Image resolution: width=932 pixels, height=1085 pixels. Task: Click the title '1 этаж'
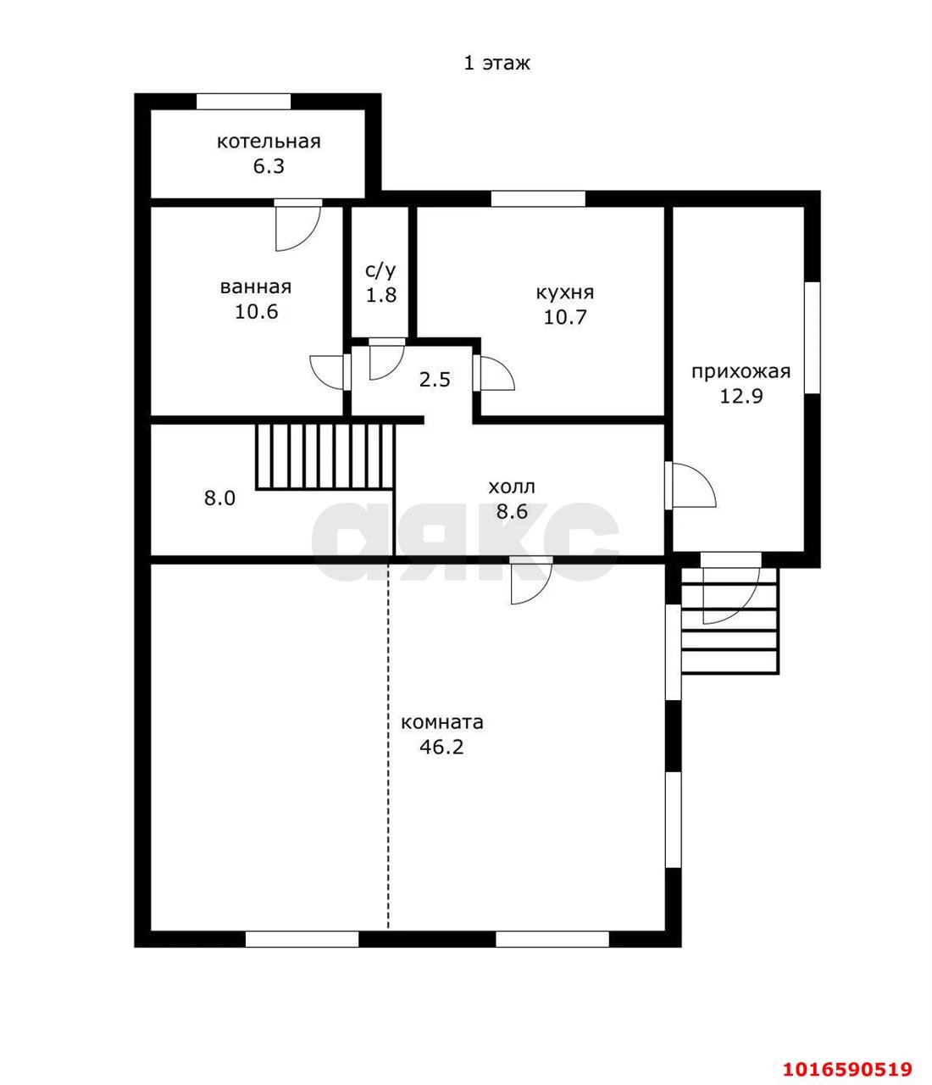pos(497,63)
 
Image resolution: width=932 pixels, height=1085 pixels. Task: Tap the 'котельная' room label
pos(268,142)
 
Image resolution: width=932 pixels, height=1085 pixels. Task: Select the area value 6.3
pos(268,166)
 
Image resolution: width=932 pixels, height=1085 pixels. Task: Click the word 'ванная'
pos(256,287)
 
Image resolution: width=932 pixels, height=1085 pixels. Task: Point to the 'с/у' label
pos(380,271)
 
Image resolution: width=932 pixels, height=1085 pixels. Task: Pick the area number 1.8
pos(381,295)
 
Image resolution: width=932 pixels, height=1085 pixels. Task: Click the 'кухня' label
pos(564,293)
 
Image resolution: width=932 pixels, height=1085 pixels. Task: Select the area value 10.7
pos(564,318)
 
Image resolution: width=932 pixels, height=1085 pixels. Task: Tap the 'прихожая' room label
pos(741,371)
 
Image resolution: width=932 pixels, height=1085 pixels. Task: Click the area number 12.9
pos(741,397)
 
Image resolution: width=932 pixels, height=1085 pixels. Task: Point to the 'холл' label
pos(512,487)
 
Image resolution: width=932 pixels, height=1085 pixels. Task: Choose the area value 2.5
pos(435,379)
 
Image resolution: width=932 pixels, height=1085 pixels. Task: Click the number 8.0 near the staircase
pos(220,498)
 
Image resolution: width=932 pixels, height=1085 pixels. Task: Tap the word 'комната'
pos(442,722)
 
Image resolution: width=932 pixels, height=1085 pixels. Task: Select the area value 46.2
pos(442,747)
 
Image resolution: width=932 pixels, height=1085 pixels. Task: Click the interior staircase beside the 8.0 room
pos(325,457)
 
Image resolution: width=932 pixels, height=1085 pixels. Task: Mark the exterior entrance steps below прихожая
pos(730,621)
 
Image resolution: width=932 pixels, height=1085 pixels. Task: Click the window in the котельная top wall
pos(243,102)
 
